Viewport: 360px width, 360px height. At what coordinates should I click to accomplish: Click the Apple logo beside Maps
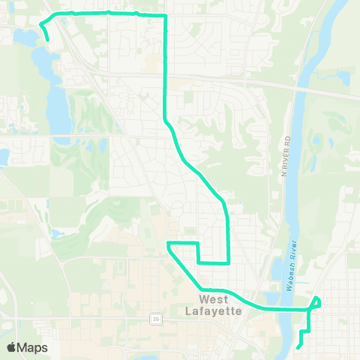click(x=11, y=347)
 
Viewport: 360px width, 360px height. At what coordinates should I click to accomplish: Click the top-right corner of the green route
click(x=164, y=15)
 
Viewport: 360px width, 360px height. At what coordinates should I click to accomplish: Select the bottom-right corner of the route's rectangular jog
click(x=227, y=262)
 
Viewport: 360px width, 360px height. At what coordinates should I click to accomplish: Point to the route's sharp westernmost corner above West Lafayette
click(x=168, y=244)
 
